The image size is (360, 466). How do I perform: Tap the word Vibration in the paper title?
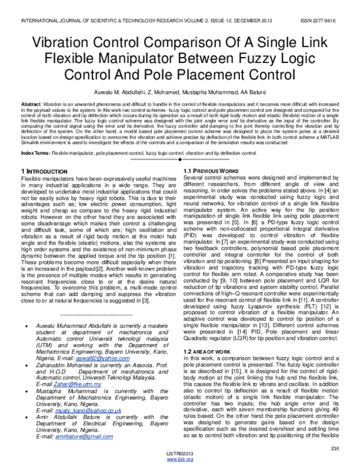coord(66,44)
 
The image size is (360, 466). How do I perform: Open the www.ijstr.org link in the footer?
coord(179,461)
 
